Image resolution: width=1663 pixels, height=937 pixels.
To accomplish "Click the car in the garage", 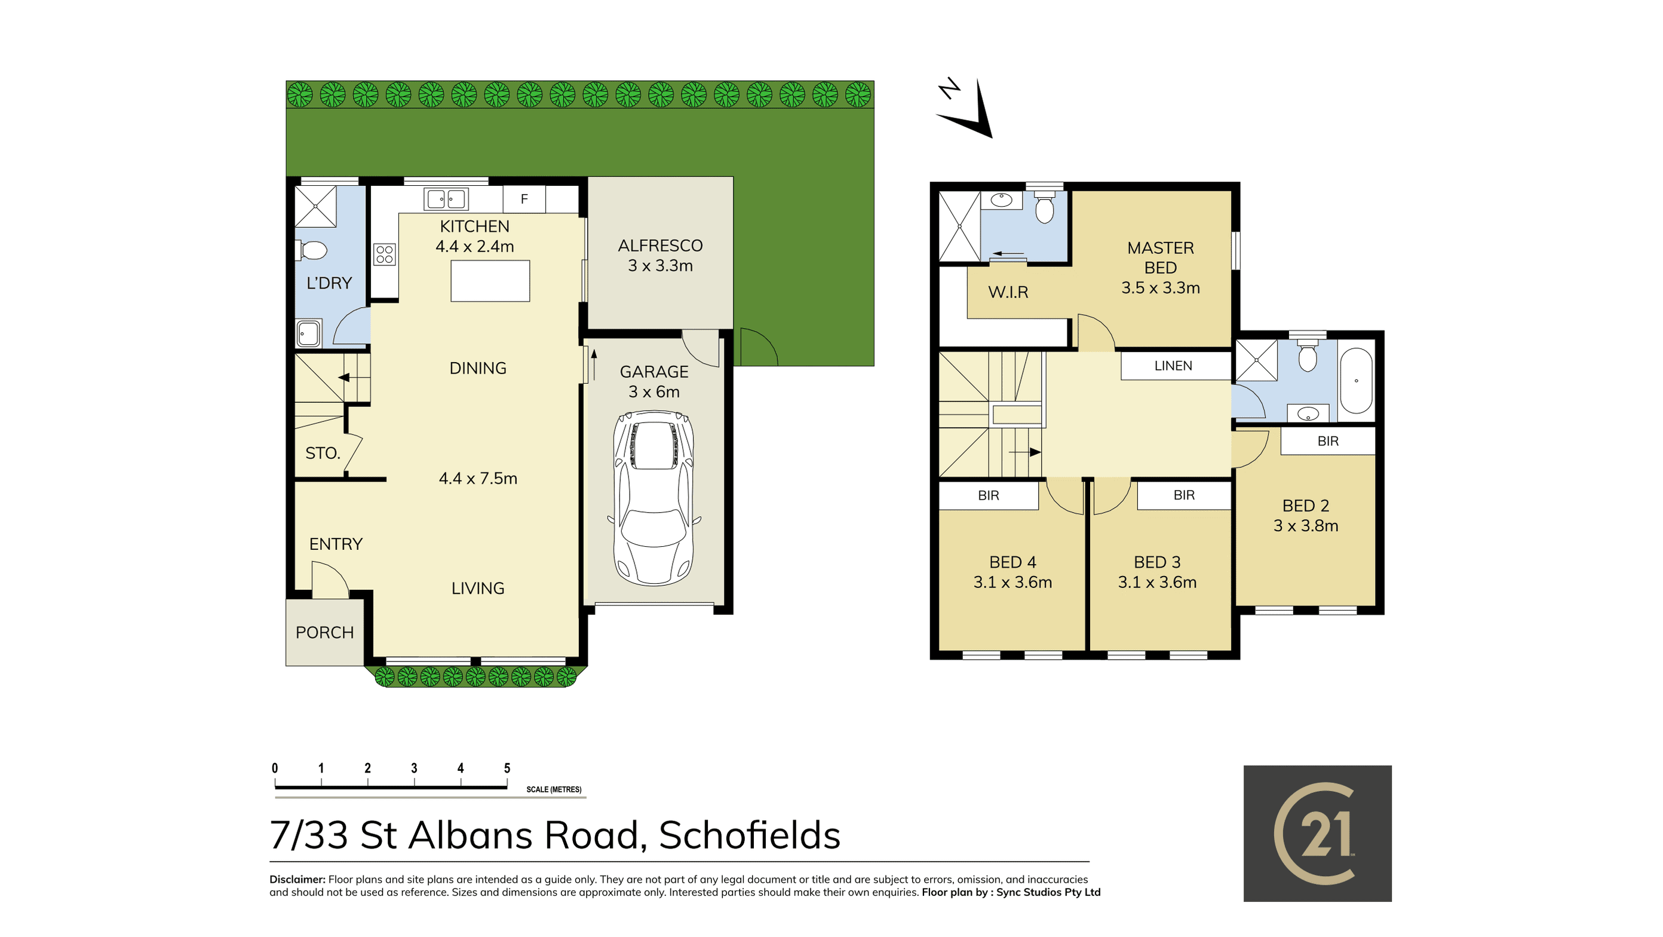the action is click(654, 498).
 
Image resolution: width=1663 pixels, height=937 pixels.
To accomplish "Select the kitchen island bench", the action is click(490, 281).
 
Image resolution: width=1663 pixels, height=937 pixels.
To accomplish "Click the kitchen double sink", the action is click(446, 199).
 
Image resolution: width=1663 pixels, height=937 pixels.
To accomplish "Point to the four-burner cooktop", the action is click(384, 254).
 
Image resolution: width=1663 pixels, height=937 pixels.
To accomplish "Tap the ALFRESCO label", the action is click(660, 246).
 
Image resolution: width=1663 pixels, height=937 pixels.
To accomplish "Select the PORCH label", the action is click(325, 632).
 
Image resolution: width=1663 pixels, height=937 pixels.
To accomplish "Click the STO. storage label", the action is click(323, 454).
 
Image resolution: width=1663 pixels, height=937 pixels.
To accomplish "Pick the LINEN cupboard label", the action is click(1173, 366).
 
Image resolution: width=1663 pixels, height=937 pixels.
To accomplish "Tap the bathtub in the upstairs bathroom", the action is click(1357, 381).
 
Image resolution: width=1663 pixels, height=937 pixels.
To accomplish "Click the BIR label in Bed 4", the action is click(989, 495).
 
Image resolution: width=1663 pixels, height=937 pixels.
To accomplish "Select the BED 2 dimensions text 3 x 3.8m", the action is click(1305, 526).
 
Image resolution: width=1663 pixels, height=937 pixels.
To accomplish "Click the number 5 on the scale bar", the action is click(507, 768).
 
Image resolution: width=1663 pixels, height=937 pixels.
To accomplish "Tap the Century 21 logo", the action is click(1317, 833).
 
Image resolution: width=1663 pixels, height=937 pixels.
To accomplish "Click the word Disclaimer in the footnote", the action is click(297, 880).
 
